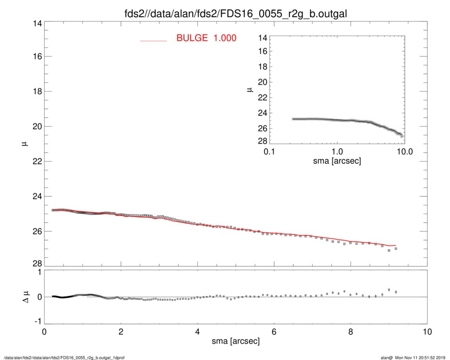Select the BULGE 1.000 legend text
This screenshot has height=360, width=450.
206,38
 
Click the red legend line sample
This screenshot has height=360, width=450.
153,40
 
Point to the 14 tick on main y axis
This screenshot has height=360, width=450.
36,21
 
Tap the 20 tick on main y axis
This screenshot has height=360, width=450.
36,126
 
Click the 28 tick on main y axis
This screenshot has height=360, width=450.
36,266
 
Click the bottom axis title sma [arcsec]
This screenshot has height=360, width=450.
235,342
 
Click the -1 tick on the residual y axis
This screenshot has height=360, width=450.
36,322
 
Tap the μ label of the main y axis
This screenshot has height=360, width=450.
24,144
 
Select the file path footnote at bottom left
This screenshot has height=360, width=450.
65,357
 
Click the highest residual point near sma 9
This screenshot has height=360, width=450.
389,289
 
